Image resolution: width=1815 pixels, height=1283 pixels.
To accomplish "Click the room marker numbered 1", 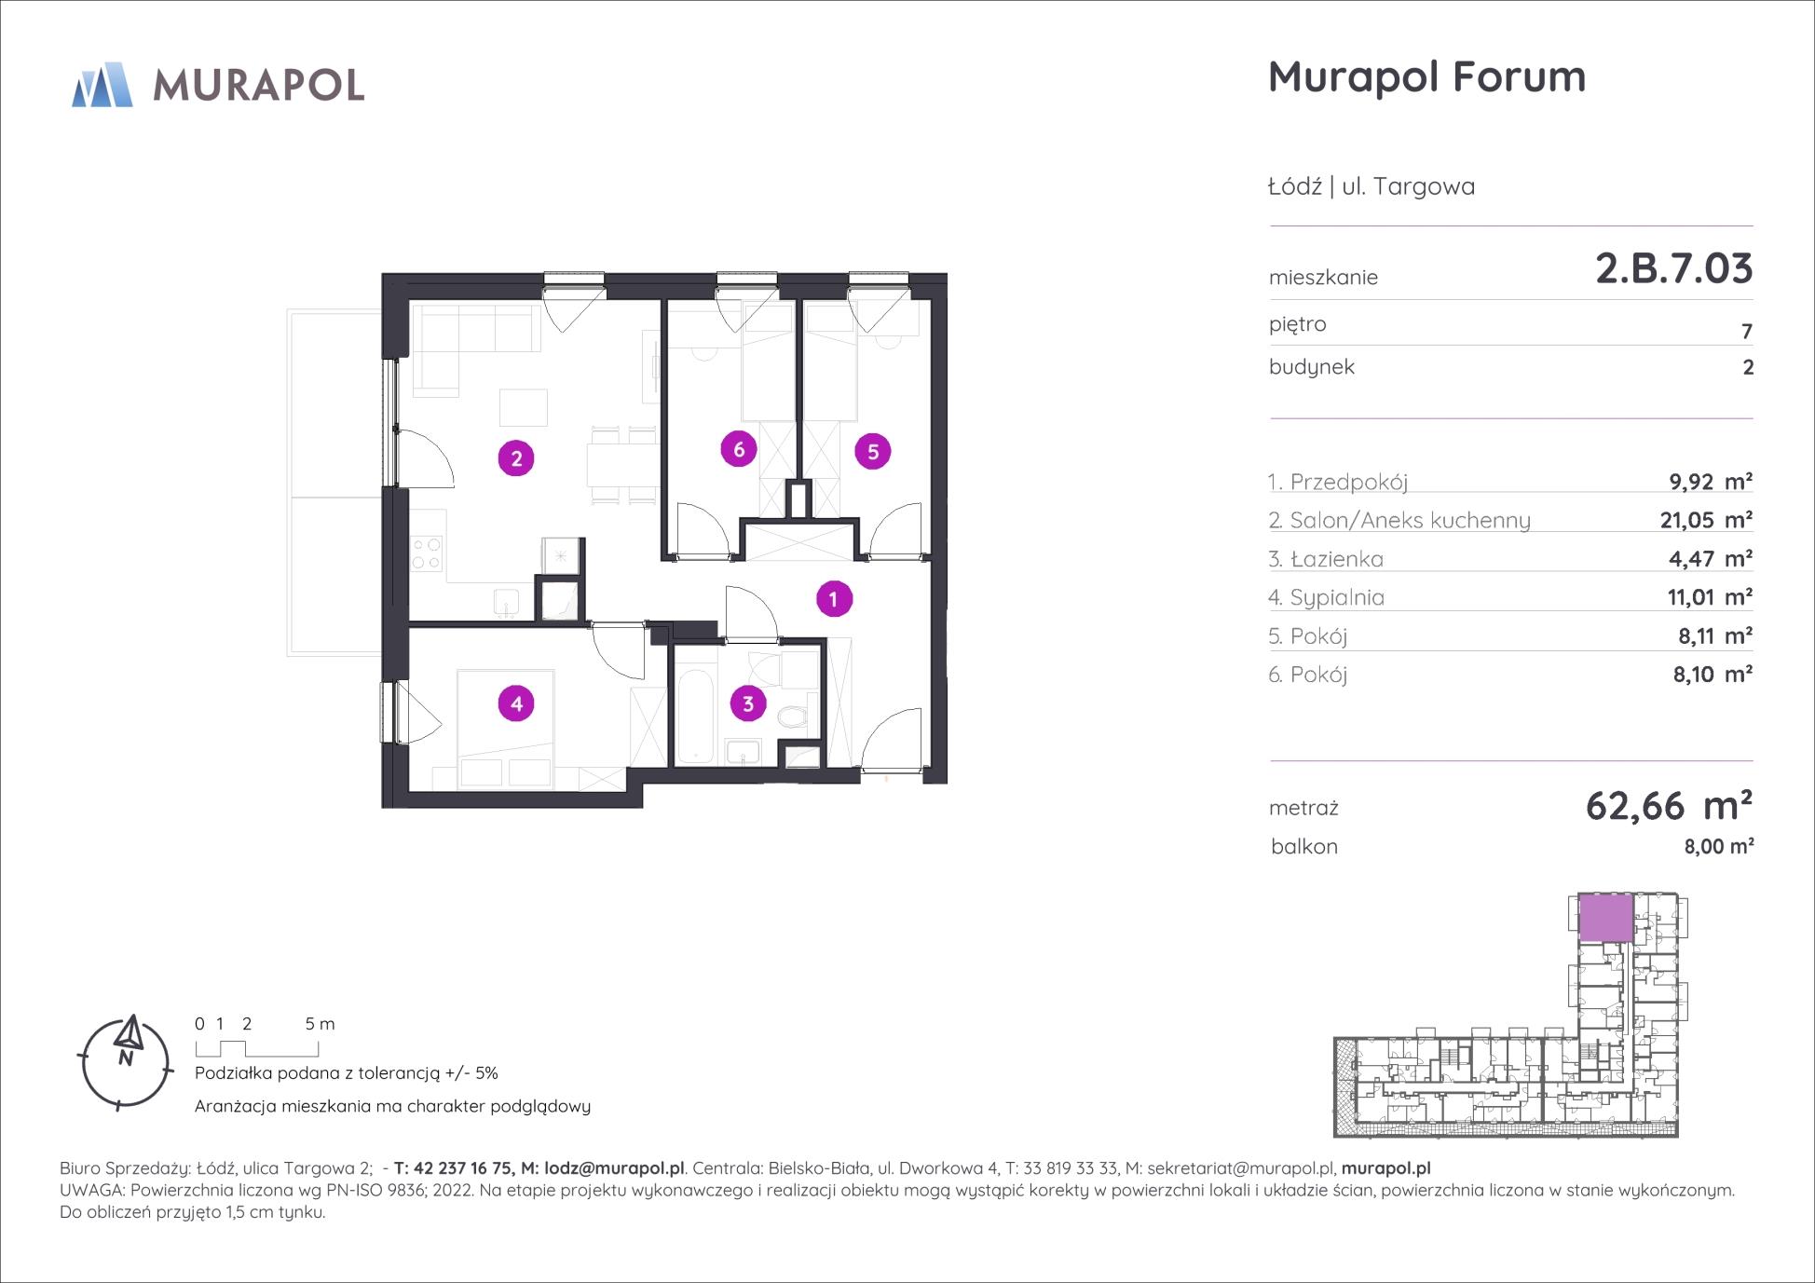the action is click(x=834, y=599).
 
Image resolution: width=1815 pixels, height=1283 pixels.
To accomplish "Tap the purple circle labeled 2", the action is click(x=516, y=458).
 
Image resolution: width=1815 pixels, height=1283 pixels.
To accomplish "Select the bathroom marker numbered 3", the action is click(x=748, y=703).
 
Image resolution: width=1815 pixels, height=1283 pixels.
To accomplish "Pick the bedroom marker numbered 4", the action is click(x=517, y=703).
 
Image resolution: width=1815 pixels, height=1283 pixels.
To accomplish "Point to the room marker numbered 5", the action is click(x=873, y=452).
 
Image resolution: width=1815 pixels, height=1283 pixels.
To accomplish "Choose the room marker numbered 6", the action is click(x=739, y=450).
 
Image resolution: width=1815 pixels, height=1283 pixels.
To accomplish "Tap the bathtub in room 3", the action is click(x=694, y=717).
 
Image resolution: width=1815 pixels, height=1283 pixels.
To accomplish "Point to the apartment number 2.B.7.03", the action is click(x=1674, y=268).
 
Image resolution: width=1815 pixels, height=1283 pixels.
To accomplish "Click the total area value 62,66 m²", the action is click(x=1669, y=806).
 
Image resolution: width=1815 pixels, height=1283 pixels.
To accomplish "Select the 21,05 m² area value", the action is click(x=1706, y=520).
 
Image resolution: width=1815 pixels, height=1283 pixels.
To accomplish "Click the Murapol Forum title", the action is click(x=1427, y=76).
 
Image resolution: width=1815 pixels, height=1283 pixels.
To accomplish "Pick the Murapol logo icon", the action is click(x=102, y=85).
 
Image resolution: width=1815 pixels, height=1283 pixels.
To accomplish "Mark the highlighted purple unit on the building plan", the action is click(x=1606, y=918).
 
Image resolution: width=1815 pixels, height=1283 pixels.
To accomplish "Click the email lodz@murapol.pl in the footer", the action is click(x=615, y=1168).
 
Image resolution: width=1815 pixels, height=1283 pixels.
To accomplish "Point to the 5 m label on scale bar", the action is click(x=320, y=1023).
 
